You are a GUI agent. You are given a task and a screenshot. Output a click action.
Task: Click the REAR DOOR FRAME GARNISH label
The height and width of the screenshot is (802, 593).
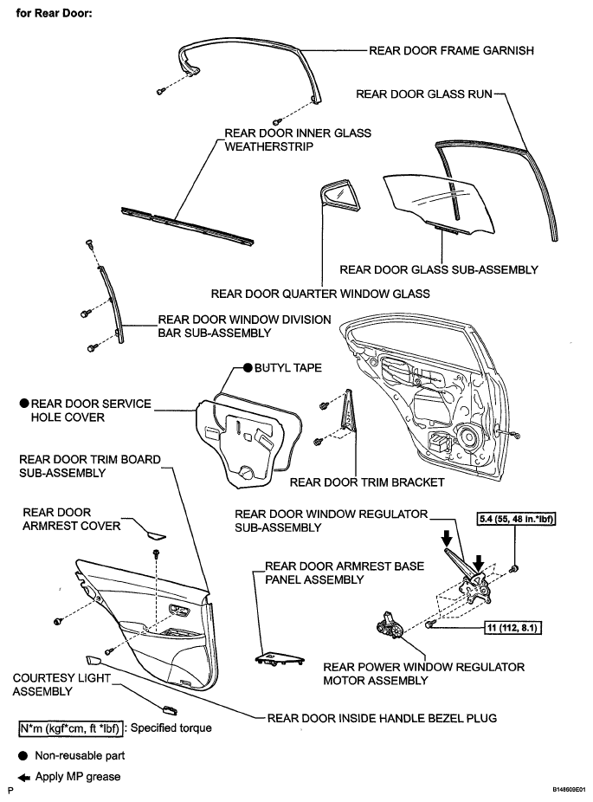tap(450, 50)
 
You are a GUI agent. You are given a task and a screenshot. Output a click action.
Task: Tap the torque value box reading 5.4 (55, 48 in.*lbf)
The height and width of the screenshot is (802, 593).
tap(516, 521)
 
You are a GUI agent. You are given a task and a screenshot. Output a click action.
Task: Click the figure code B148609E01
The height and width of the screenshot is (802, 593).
tap(554, 791)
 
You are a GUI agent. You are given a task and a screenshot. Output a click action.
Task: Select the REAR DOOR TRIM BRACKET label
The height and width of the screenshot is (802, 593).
tap(367, 482)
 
